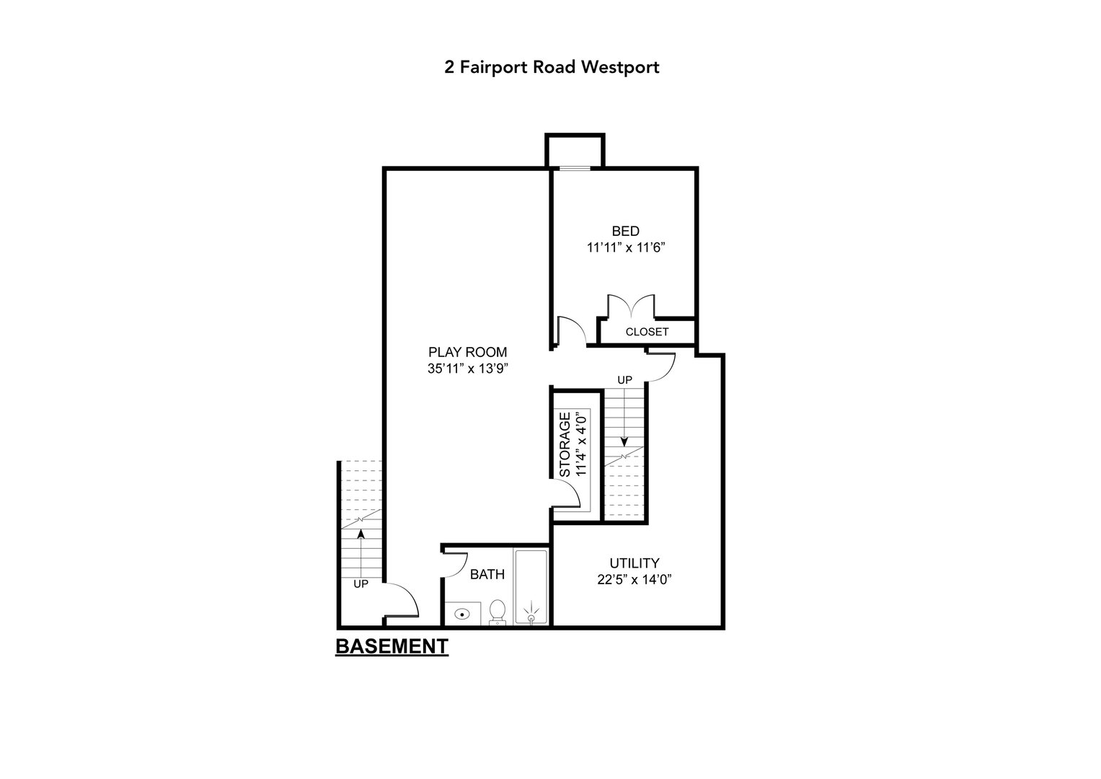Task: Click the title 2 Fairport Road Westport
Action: (552, 68)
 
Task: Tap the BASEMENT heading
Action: (392, 646)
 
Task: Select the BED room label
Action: (625, 232)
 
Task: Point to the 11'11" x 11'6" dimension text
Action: (625, 247)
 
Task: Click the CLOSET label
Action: (647, 333)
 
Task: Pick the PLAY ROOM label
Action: (468, 353)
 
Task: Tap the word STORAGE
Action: (565, 444)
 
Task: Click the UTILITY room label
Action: (634, 563)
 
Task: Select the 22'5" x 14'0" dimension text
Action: (634, 579)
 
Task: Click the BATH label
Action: (487, 575)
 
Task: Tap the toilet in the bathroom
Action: (497, 612)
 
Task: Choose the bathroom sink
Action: (461, 614)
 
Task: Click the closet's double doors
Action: (632, 306)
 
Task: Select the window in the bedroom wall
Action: (575, 169)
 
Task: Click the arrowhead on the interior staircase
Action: (624, 443)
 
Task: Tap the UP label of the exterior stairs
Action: (361, 584)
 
